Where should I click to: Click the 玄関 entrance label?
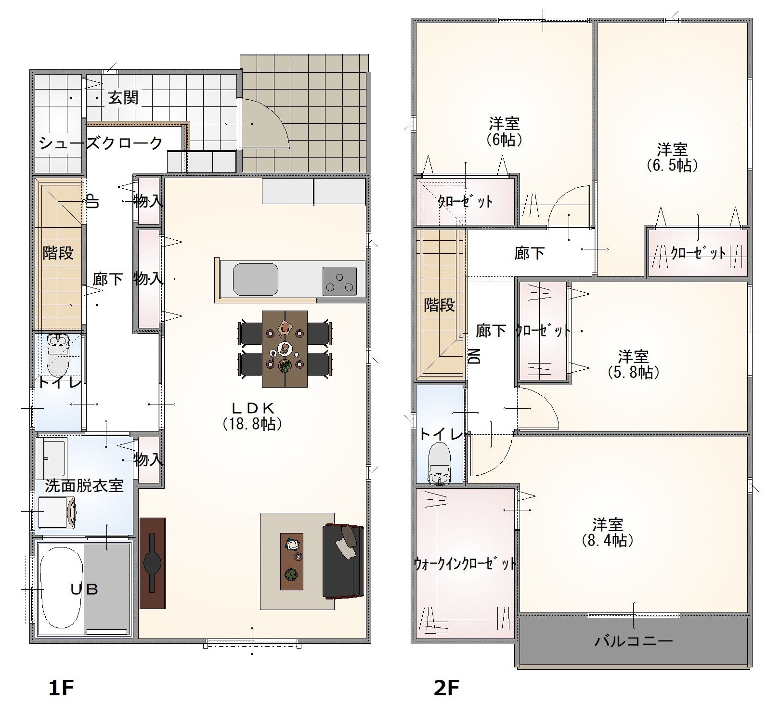click(123, 98)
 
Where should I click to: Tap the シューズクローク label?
click(101, 143)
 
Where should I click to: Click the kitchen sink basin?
click(256, 279)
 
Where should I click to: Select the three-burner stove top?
click(339, 281)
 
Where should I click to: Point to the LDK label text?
click(253, 408)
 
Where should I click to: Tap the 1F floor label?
click(61, 688)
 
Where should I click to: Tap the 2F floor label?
click(446, 688)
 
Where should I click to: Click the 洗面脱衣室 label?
click(84, 485)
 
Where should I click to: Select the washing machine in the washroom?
click(56, 512)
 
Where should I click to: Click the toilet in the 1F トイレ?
click(58, 354)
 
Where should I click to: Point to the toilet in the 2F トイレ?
click(439, 463)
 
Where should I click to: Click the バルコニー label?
click(634, 641)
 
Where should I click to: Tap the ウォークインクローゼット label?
click(465, 563)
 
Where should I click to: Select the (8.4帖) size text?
click(608, 541)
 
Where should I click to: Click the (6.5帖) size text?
click(672, 165)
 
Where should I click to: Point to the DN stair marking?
click(475, 356)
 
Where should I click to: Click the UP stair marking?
click(92, 200)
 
